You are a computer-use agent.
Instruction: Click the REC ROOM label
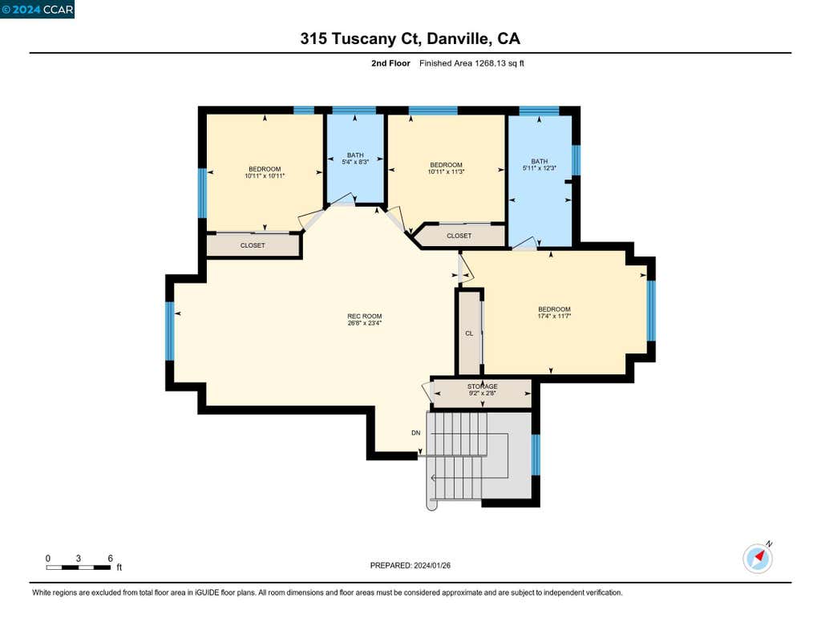[x=365, y=317]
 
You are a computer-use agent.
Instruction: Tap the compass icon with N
[x=757, y=559]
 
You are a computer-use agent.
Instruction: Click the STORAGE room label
[x=482, y=386]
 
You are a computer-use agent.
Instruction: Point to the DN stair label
[x=416, y=433]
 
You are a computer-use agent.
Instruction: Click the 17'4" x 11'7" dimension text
[x=554, y=317]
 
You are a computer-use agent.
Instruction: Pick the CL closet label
[x=469, y=333]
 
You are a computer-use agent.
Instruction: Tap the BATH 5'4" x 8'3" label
[x=355, y=159]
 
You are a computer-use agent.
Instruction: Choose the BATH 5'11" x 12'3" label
[x=540, y=165]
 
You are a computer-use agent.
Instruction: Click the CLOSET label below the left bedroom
[x=253, y=245]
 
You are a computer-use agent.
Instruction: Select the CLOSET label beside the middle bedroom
[x=459, y=236]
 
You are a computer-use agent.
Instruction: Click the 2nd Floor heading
[x=390, y=63]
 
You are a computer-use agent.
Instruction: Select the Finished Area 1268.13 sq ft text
[x=471, y=63]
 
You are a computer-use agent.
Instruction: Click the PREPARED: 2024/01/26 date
[x=410, y=565]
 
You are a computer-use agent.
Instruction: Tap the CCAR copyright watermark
[x=37, y=10]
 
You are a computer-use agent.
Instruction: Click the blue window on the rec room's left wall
[x=170, y=331]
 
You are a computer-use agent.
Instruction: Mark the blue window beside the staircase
[x=536, y=454]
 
